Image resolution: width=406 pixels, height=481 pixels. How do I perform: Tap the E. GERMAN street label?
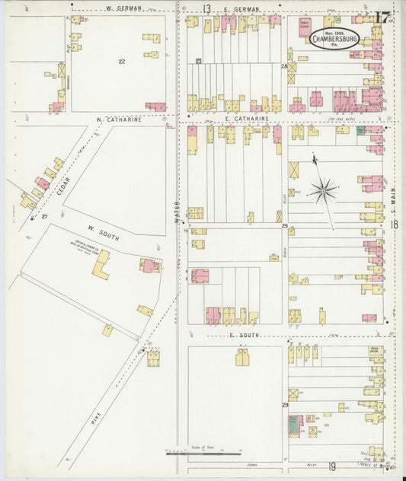[x=242, y=9]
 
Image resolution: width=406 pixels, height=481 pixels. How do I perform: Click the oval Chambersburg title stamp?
[x=333, y=38]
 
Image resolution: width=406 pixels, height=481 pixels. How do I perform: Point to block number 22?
[x=121, y=60]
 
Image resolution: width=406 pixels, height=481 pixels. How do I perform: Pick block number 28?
[x=284, y=67]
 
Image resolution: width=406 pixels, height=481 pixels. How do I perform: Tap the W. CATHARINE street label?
[x=120, y=119]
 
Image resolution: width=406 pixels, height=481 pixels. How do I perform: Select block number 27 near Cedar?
[x=44, y=217]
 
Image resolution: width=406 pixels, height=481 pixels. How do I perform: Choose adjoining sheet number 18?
[x=395, y=225]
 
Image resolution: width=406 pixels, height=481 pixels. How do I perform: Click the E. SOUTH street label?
[x=245, y=335]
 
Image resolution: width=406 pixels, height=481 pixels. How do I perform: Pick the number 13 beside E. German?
[x=206, y=8]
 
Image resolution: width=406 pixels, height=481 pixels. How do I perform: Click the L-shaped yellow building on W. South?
[x=101, y=265]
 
